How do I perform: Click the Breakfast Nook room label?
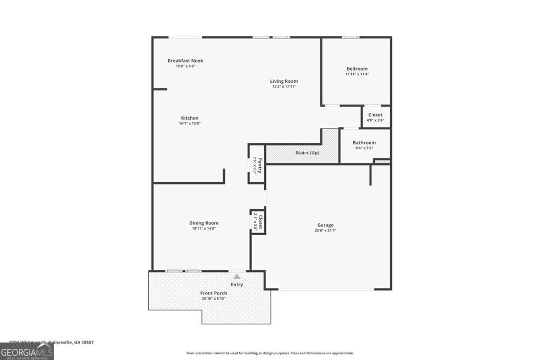click(185, 61)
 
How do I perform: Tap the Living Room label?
click(284, 81)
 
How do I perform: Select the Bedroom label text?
click(356, 69)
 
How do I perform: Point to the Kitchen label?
click(189, 118)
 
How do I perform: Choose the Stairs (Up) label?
click(307, 153)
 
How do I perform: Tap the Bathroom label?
click(364, 143)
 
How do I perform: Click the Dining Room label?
click(204, 223)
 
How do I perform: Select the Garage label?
click(325, 225)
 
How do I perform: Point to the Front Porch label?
click(214, 293)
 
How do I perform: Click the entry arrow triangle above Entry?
click(237, 276)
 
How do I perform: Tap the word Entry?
click(237, 285)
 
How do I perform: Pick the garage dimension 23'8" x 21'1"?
click(325, 230)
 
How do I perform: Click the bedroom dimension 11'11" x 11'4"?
click(356, 74)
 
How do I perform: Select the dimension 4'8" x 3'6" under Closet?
click(375, 120)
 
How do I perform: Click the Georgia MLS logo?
click(26, 352)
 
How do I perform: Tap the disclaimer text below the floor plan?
click(270, 353)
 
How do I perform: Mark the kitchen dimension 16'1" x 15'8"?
click(189, 123)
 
